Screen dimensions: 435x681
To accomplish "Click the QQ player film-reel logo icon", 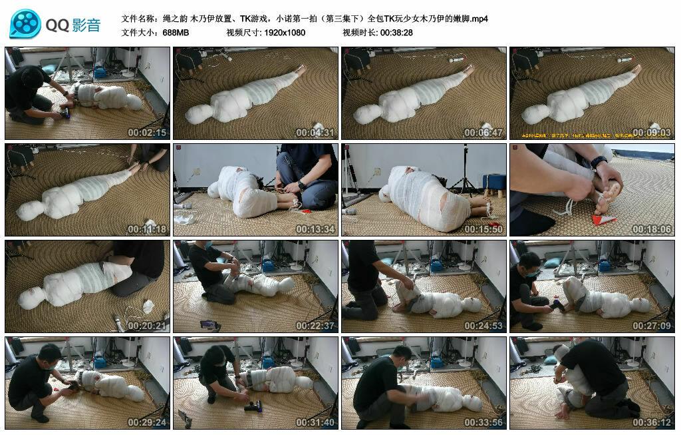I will (x=25, y=24).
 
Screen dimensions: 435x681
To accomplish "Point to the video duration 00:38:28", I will (x=396, y=32).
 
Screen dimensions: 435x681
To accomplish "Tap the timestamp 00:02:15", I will (x=147, y=133).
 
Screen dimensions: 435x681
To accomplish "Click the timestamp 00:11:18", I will (x=147, y=229).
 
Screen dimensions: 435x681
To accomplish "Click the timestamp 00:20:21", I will (x=147, y=326).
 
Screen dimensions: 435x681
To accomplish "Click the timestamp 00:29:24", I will (x=147, y=422).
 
